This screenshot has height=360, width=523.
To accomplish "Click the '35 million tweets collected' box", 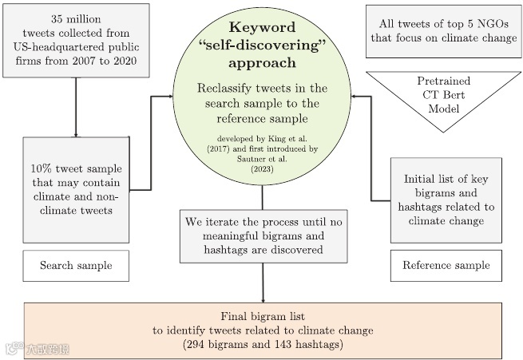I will pyautogui.click(x=76, y=41).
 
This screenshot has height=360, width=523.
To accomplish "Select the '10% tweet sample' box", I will pyautogui.click(x=76, y=189).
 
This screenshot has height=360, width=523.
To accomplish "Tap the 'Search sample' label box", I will pyautogui.click(x=76, y=265).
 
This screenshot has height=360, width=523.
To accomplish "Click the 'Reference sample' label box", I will pyautogui.click(x=446, y=265).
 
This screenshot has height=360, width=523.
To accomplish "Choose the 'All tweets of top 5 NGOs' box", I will pyautogui.click(x=444, y=32).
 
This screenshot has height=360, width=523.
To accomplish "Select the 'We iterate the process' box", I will pyautogui.click(x=263, y=235).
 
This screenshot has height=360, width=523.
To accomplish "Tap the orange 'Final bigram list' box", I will pyautogui.click(x=263, y=330).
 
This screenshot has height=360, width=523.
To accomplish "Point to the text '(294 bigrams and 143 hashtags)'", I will pyautogui.click(x=263, y=345).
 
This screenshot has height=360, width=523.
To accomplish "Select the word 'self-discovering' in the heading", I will pyautogui.click(x=263, y=45).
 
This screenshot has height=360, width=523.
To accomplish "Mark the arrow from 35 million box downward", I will pyautogui.click(x=75, y=108).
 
